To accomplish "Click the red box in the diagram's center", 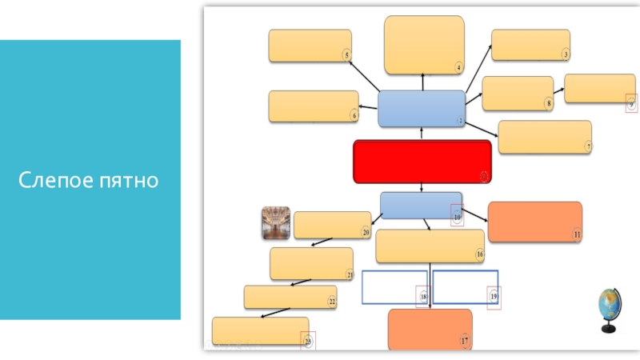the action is click(422, 162).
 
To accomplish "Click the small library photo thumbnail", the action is click(276, 223).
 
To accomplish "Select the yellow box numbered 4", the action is click(424, 45).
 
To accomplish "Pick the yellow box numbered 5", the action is click(310, 46).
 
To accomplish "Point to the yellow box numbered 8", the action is click(517, 93).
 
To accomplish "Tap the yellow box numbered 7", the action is click(544, 137).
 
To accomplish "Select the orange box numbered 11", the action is click(534, 222).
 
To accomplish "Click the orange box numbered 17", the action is click(430, 329).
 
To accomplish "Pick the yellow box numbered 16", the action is click(430, 246).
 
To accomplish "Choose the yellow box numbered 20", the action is click(331, 225).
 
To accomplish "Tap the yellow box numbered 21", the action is click(311, 263).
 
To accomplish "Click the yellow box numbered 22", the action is click(290, 297).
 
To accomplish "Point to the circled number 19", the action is click(494, 296).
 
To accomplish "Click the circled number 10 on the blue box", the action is click(457, 216).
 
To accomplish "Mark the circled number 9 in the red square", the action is click(630, 102).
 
